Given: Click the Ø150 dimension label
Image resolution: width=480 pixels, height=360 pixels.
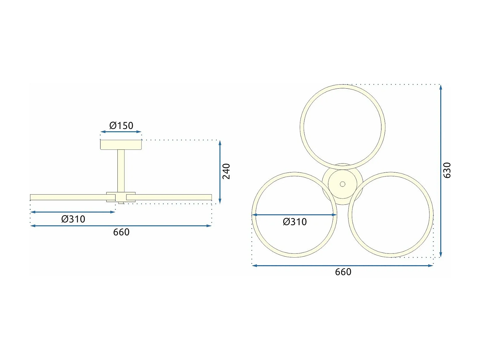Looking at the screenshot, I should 121,125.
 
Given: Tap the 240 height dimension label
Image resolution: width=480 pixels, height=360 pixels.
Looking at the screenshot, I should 226,171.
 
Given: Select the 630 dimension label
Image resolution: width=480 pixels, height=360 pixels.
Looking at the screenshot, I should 447,170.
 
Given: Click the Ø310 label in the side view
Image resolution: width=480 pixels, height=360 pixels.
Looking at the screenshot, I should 73,219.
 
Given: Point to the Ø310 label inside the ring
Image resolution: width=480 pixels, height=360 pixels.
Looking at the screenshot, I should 295,222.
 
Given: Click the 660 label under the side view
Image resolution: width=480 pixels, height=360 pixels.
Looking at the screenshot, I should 121,232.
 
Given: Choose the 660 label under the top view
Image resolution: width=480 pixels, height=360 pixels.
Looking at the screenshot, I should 343,272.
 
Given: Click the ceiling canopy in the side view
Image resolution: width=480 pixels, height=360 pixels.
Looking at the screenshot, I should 121,145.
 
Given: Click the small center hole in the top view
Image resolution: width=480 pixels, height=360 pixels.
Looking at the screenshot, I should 342,184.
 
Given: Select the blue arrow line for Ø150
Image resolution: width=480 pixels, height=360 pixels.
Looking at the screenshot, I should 121,132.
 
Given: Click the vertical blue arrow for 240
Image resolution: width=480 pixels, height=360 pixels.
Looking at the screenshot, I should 220,172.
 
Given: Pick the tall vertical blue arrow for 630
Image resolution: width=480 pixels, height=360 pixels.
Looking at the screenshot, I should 441,170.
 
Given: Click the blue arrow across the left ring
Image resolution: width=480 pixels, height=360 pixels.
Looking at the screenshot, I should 294,215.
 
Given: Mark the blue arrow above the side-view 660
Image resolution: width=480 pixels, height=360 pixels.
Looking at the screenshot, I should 121,226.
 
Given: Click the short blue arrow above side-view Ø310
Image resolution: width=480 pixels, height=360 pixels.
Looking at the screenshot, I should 73,212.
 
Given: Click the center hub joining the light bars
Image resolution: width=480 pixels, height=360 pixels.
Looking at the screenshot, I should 121,197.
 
